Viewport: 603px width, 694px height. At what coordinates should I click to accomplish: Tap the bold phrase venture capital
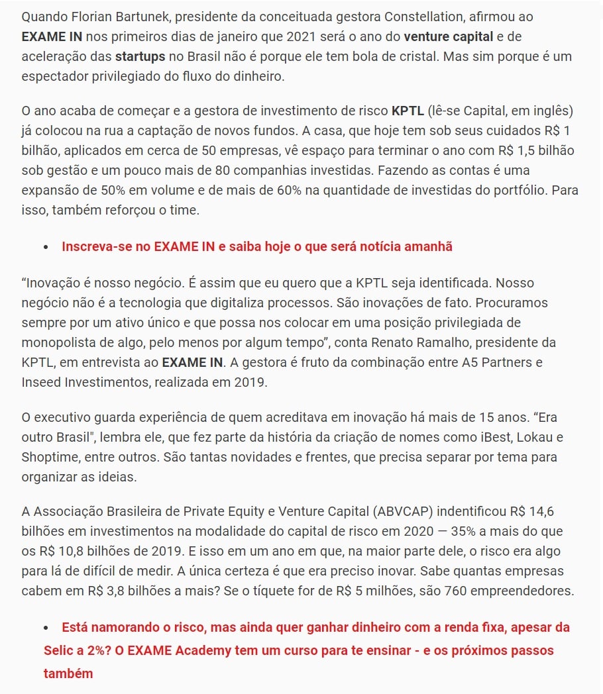click(449, 36)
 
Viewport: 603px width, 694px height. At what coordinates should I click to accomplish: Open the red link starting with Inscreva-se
click(257, 246)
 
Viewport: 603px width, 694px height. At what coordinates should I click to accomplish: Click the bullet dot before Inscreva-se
click(46, 247)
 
